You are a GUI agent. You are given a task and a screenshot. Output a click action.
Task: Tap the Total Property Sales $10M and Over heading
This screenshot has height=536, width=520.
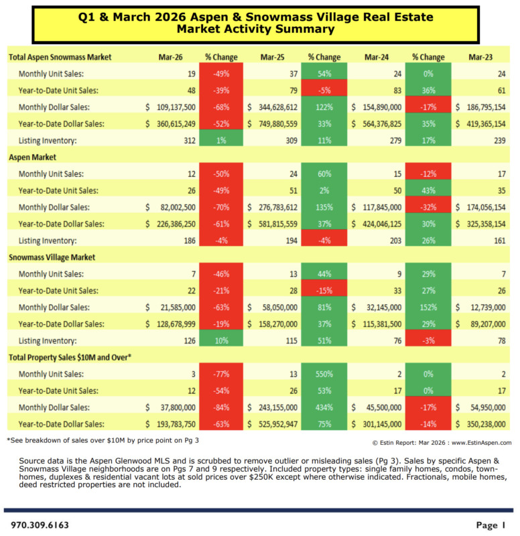click(x=69, y=358)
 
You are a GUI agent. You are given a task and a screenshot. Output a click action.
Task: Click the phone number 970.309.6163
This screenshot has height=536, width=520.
click(x=40, y=525)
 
